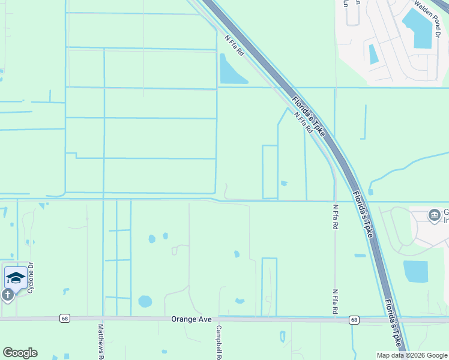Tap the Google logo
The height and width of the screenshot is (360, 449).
(20, 353)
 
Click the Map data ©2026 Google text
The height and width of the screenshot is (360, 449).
(412, 355)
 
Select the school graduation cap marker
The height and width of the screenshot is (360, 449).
(16, 277)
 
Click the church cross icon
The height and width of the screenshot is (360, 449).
(7, 295)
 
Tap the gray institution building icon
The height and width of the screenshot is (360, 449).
(433, 215)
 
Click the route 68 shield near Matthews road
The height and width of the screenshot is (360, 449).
(64, 319)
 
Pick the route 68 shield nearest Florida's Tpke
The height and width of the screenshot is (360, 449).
(354, 320)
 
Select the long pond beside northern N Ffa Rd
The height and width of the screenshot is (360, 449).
(231, 70)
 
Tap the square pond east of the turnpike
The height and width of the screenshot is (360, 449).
(415, 271)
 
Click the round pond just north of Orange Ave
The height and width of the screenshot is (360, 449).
(145, 301)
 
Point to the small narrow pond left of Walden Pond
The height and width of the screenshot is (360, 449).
(373, 54)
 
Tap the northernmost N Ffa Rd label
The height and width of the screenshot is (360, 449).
(235, 46)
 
